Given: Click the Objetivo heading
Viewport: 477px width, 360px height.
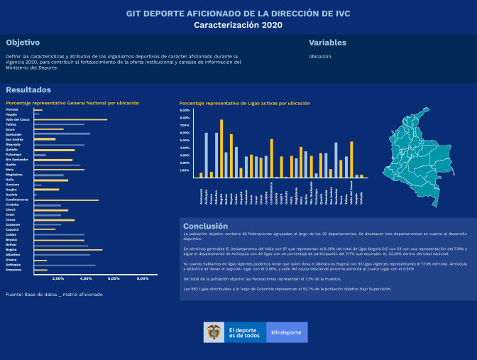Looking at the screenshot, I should pyautogui.click(x=23, y=43).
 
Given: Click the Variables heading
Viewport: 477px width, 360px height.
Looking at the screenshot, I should pyautogui.click(x=329, y=43).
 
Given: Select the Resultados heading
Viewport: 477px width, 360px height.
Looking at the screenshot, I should pyautogui.click(x=28, y=90).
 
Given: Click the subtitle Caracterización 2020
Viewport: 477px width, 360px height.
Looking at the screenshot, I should pyautogui.click(x=238, y=25).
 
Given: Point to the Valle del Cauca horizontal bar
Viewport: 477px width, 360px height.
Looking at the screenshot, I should pyautogui.click(x=70, y=119).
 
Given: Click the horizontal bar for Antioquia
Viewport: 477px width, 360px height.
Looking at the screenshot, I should pyautogui.click(x=65, y=265).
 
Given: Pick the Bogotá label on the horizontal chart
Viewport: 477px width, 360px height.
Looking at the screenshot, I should pyautogui.click(x=11, y=249).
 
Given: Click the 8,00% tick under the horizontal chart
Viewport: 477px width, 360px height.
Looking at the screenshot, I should pyautogui.click(x=141, y=278).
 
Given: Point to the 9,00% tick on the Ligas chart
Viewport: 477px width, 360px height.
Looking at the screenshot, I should pyautogui.click(x=185, y=110).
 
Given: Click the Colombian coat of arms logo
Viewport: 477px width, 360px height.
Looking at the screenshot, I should pyautogui.click(x=212, y=332).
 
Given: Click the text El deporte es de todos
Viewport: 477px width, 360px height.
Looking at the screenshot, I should pyautogui.click(x=243, y=332).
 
